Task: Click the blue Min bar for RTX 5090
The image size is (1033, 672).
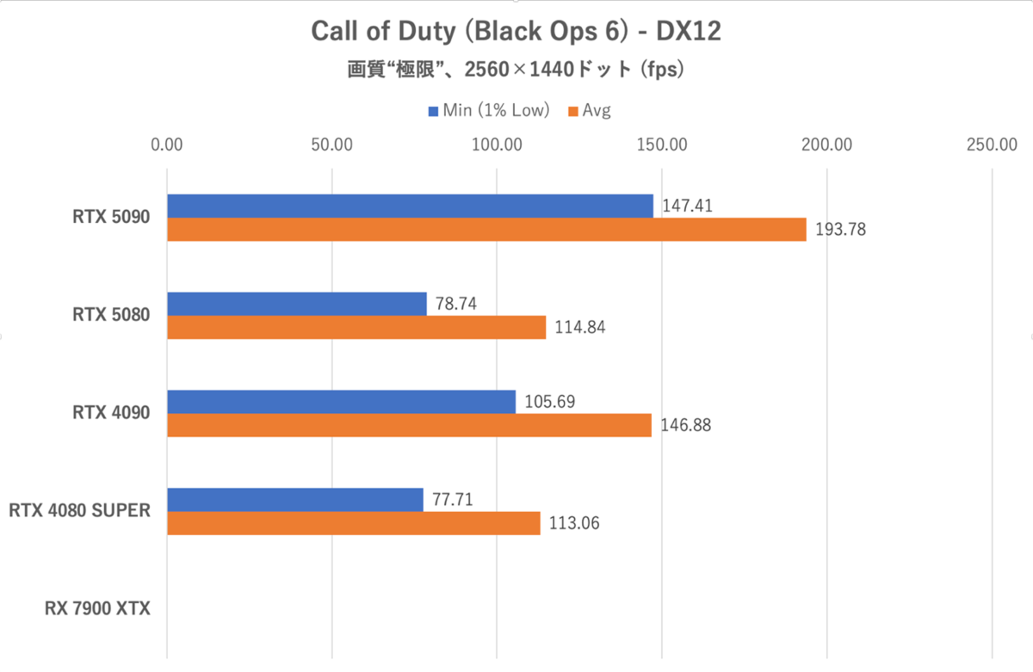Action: point(410,206)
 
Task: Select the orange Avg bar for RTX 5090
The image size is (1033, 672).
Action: point(486,230)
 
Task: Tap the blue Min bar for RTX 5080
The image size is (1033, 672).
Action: point(296,304)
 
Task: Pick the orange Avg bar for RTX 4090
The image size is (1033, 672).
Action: point(409,425)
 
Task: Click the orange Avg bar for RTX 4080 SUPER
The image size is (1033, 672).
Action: point(353,523)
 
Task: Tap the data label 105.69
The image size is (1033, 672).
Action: point(548,401)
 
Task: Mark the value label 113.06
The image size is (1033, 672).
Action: point(572,523)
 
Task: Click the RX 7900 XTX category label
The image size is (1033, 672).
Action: point(97,609)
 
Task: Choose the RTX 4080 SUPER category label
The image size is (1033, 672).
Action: point(80,511)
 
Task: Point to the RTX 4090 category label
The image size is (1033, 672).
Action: point(111,413)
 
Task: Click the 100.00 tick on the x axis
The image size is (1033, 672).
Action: point(497,144)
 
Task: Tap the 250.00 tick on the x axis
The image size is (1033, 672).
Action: point(992,144)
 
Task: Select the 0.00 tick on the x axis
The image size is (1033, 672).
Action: point(167,144)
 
